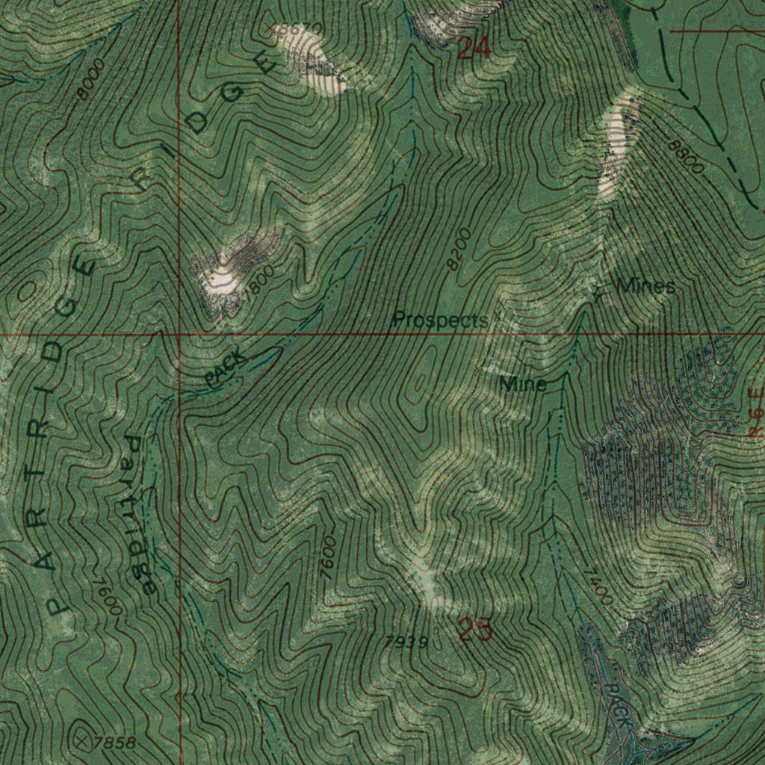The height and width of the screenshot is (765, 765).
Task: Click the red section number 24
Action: [474, 49]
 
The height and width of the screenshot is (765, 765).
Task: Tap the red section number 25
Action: [475, 631]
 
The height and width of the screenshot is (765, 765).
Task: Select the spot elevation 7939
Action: [407, 642]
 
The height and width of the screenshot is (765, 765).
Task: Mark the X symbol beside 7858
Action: [83, 740]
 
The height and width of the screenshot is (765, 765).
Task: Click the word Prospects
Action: [440, 320]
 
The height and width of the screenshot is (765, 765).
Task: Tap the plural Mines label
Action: [645, 286]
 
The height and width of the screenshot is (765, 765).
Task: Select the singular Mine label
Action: [524, 385]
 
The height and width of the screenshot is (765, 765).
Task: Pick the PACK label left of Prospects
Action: [226, 369]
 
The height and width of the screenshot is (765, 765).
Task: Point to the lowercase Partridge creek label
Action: [140, 515]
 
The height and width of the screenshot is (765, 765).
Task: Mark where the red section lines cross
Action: [179, 334]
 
